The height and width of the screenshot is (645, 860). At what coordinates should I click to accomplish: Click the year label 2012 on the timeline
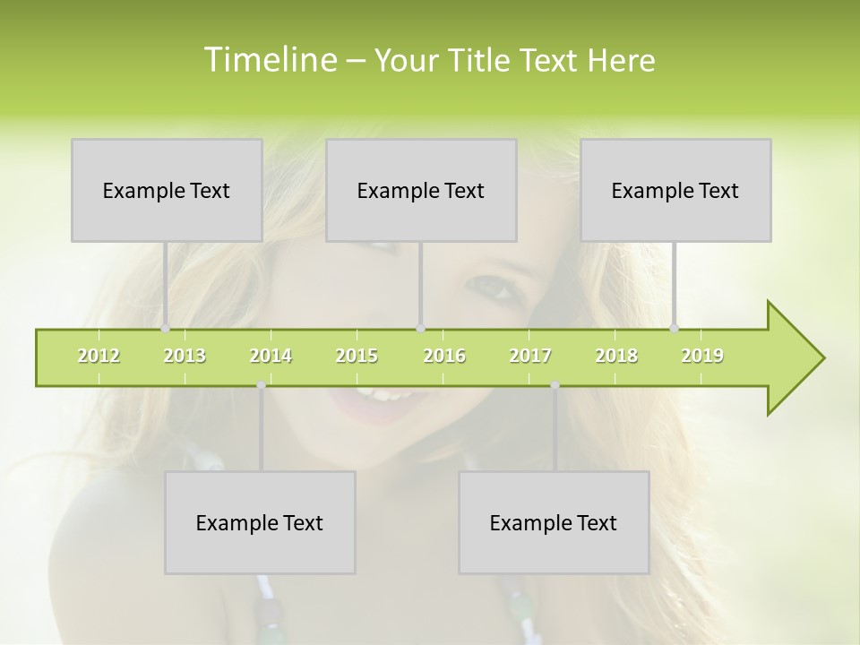coord(99,356)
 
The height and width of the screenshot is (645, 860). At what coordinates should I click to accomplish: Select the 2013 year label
coord(185,356)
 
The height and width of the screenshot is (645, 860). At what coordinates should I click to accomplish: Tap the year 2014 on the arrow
coord(271,356)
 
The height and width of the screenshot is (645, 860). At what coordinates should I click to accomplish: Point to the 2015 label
coord(357,356)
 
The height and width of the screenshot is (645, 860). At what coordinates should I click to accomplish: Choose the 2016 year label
coord(444,356)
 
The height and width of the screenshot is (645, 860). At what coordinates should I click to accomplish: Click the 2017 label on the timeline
coord(530,356)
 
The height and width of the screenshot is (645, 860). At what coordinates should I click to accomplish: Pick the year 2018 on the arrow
coord(616,356)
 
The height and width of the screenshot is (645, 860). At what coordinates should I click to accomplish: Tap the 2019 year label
coord(702,356)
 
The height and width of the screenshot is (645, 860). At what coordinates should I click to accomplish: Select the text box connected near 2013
coord(167,190)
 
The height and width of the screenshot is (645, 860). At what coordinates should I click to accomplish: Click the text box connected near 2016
coord(421,190)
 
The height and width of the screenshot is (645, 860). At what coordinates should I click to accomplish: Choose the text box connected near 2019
coord(675,190)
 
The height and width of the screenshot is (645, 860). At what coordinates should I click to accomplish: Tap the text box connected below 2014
coord(260,522)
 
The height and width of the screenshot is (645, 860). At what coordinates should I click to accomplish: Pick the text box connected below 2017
coord(554,522)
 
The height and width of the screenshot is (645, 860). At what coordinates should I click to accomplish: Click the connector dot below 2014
coord(261,385)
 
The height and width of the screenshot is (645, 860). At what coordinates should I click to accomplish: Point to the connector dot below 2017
coord(555,385)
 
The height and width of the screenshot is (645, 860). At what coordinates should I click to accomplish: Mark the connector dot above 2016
coord(421,329)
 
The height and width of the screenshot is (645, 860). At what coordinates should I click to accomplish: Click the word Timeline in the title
coord(269,60)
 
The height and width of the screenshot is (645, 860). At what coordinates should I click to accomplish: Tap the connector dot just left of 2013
coord(166,329)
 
